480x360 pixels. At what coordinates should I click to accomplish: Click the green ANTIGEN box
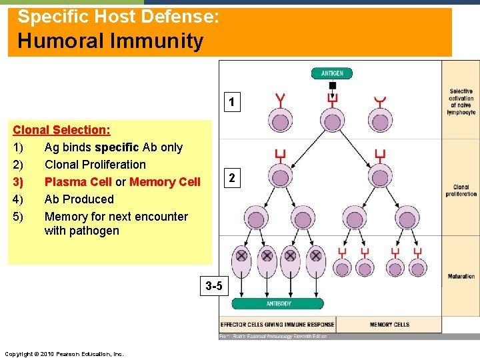pos(332,73)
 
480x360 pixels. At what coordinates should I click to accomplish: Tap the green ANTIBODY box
pos(279,304)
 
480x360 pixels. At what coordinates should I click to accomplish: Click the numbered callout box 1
pos(231,103)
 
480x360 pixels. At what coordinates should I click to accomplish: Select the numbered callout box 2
pos(231,178)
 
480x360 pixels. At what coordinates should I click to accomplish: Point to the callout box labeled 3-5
pos(215,287)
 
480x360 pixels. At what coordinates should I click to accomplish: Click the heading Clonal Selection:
pos(62,130)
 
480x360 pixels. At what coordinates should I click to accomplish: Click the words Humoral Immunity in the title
pos(110,41)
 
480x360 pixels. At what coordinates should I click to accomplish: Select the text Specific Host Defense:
pos(118,16)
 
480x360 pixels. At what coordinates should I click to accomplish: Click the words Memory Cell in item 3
pos(165,182)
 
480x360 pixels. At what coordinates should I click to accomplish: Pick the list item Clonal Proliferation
pos(95,165)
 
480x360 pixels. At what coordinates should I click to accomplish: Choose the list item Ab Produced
pos(79,199)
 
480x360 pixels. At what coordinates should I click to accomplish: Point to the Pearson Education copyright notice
pos(63,353)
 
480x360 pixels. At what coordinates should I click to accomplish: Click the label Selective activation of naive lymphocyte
pos(461,102)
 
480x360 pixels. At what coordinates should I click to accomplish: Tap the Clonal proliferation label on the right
pos(461,191)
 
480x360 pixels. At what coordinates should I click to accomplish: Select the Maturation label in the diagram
pos(461,276)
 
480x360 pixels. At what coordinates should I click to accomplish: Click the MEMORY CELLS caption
pos(389,325)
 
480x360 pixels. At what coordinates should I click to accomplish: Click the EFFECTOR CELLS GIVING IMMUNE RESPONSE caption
pos(277,325)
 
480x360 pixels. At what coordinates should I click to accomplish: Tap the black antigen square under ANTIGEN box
pos(332,85)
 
